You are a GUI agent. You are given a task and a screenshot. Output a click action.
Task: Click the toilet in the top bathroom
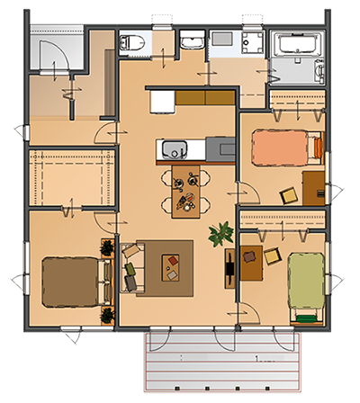[131, 40]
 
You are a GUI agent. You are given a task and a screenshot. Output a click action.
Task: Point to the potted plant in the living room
[219, 236]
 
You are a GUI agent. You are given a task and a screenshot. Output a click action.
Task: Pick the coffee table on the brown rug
[171, 266]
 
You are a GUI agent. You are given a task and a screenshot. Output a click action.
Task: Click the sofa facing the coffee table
[130, 266]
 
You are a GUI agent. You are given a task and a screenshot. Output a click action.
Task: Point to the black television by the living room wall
[231, 266]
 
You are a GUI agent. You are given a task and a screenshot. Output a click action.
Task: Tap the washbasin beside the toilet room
[192, 40]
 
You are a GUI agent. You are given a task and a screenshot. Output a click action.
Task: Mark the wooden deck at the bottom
[221, 364]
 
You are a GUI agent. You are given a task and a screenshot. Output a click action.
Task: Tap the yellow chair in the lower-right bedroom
[270, 255]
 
